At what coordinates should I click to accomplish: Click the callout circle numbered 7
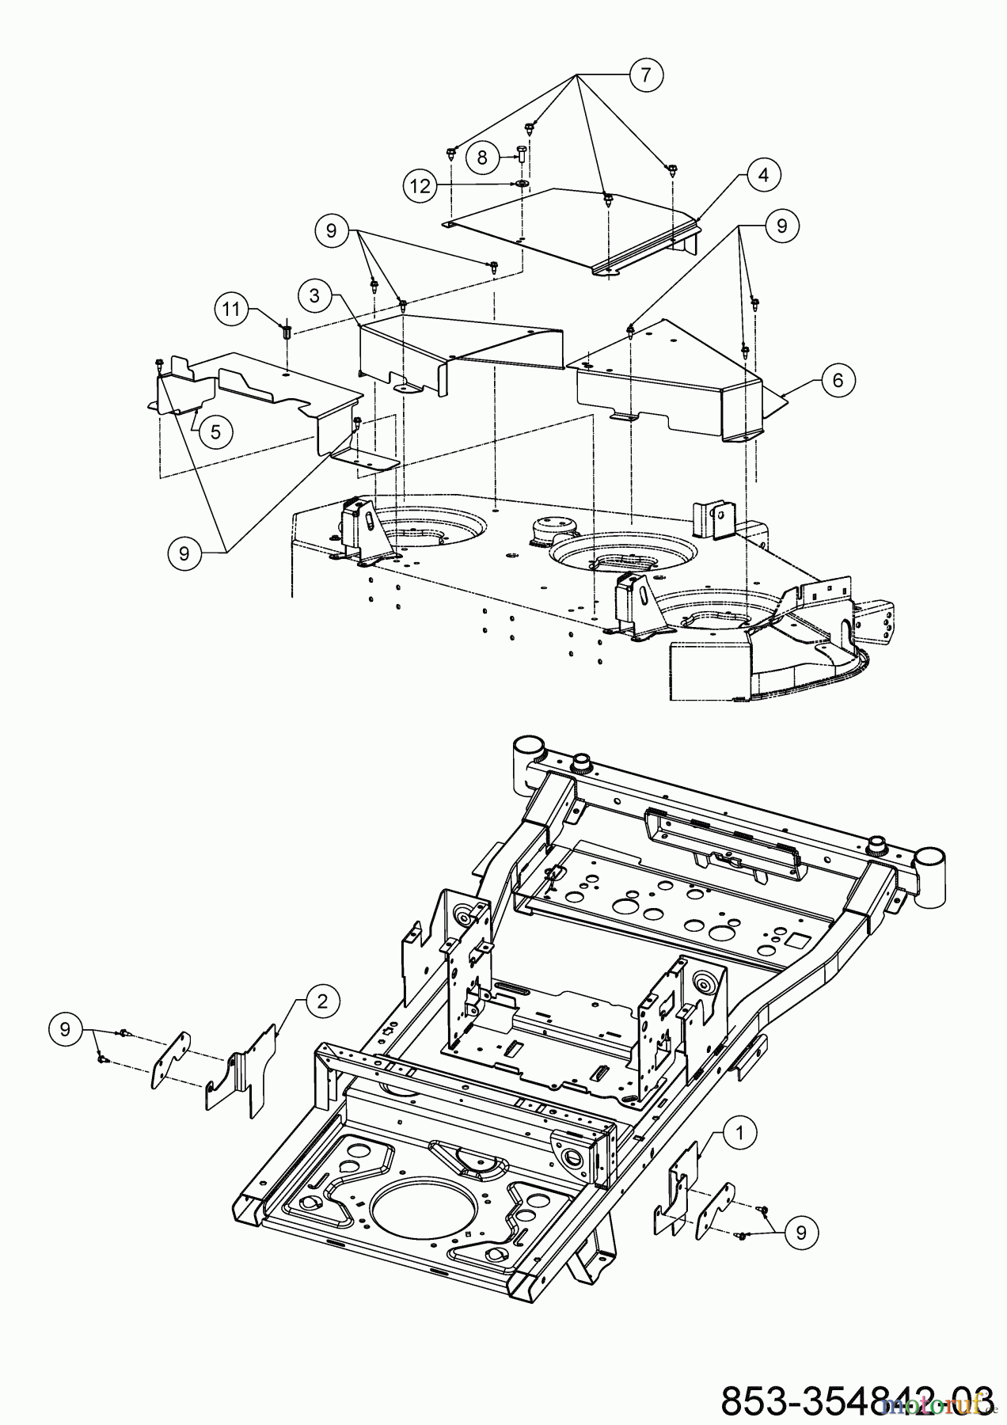pyautogui.click(x=646, y=75)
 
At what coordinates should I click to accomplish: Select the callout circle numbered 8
pyautogui.click(x=482, y=157)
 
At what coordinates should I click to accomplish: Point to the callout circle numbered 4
pyautogui.click(x=763, y=174)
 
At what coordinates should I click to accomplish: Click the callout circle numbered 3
pyautogui.click(x=315, y=296)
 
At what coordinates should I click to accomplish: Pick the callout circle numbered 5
pyautogui.click(x=215, y=431)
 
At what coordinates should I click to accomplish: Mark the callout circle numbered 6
pyautogui.click(x=838, y=380)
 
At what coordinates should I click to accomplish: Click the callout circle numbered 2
pyautogui.click(x=322, y=1001)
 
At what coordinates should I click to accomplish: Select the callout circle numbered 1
pyautogui.click(x=739, y=1134)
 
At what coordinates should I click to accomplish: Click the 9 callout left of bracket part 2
pyautogui.click(x=65, y=1029)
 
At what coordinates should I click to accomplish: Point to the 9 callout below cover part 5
pyautogui.click(x=184, y=553)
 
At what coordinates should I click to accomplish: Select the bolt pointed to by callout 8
pyautogui.click(x=523, y=153)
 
